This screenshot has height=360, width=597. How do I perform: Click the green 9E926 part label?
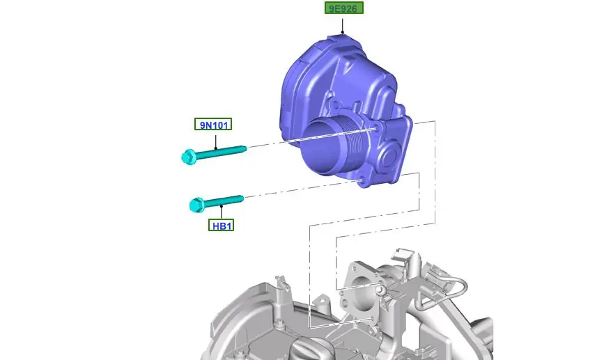pyautogui.click(x=344, y=8)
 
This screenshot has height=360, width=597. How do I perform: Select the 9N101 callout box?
pyautogui.click(x=213, y=124)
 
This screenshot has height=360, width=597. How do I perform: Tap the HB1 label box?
pyautogui.click(x=222, y=226)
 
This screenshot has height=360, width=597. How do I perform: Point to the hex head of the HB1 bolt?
pyautogui.click(x=196, y=205)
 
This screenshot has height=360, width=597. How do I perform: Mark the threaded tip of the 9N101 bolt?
pyautogui.click(x=245, y=148)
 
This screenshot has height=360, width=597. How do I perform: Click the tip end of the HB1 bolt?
pyautogui.click(x=241, y=198)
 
